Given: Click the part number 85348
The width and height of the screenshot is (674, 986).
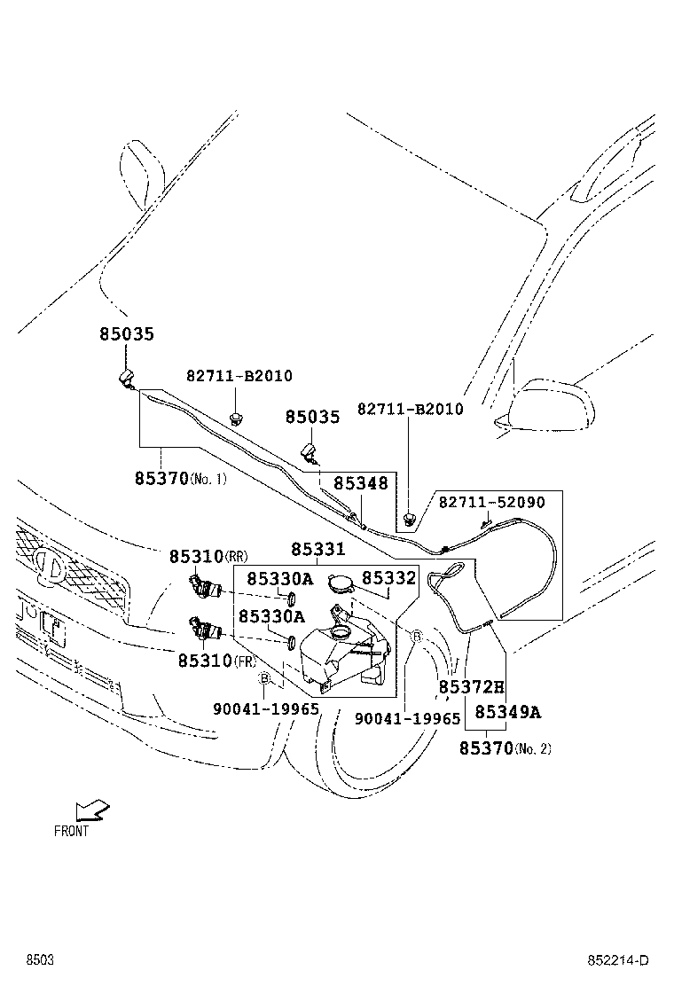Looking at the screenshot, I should click(360, 483).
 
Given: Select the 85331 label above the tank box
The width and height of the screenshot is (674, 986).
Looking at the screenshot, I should click(318, 550).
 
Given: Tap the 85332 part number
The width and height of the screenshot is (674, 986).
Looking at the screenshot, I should click(388, 577).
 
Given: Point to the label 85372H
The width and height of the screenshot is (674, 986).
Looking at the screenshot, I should click(471, 687).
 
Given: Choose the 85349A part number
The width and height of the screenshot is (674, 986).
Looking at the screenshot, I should click(507, 712).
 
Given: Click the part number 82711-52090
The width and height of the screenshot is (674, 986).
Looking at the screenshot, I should click(491, 503).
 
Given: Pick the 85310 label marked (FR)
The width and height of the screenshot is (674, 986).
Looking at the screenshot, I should click(204, 661).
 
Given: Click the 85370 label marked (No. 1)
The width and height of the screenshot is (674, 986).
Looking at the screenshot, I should click(162, 478).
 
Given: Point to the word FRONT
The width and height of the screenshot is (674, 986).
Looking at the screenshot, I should click(71, 832).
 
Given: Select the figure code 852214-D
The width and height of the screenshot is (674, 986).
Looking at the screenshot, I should click(617, 961).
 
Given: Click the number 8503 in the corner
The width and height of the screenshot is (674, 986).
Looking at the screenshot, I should click(39, 961).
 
